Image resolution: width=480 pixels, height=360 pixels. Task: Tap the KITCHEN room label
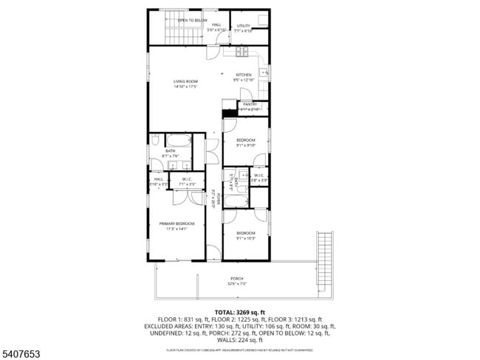point(243,75)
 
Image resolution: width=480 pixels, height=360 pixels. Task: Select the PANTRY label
point(250,104)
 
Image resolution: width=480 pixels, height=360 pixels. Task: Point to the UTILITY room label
point(244,26)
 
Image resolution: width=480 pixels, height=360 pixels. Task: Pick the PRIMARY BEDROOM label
point(176,224)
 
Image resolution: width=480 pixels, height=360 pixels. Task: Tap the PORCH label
point(237,278)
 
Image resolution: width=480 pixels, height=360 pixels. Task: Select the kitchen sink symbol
point(264,74)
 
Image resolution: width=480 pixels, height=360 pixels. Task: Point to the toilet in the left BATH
point(155,140)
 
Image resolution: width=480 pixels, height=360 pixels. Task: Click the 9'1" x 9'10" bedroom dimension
point(245,145)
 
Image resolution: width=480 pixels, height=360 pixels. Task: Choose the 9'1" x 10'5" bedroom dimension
point(245,238)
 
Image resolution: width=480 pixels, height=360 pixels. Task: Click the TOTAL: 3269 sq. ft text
point(239,313)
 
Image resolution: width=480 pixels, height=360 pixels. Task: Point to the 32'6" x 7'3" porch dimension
point(237,283)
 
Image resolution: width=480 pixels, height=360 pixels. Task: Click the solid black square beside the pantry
point(227,112)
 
